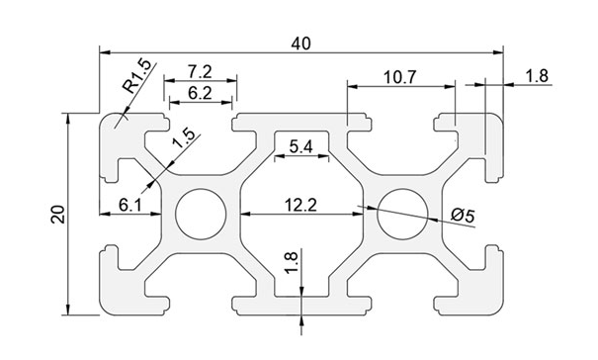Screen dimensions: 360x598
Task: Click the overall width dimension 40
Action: click(x=300, y=42)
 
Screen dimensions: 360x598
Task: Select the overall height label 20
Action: click(x=57, y=215)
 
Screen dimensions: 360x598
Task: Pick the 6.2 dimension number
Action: click(x=202, y=93)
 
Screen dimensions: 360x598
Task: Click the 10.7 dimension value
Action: click(x=400, y=75)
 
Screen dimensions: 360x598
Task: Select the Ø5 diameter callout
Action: click(x=464, y=214)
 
